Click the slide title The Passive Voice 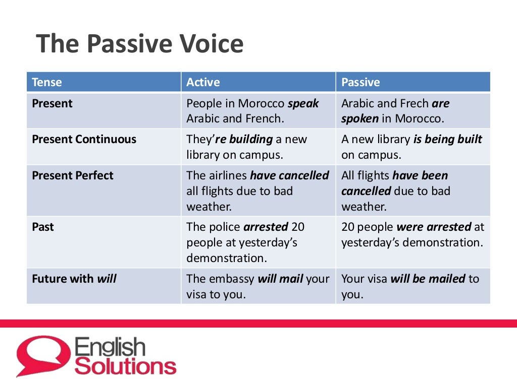[x=139, y=44]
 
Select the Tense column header [x=47, y=82]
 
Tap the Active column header [x=203, y=82]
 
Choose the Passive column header [x=360, y=82]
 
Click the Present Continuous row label [x=84, y=140]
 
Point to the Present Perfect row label [x=73, y=176]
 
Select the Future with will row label [x=74, y=279]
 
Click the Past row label [x=43, y=227]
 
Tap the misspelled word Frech [x=414, y=104]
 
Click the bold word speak [x=303, y=104]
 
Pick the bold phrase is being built [x=448, y=140]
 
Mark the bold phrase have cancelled [x=289, y=176]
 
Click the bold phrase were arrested [x=434, y=227]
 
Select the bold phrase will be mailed [x=428, y=279]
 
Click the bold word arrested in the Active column [x=266, y=227]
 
